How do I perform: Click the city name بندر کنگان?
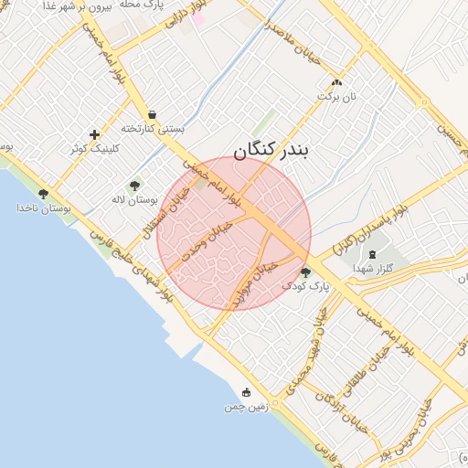[271, 152]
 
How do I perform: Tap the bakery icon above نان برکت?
[337, 81]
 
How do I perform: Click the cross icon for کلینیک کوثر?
[94, 134]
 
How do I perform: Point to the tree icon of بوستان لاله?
[135, 186]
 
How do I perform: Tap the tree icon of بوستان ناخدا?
[43, 194]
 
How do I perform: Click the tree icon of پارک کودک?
[305, 272]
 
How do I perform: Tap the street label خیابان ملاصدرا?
[294, 41]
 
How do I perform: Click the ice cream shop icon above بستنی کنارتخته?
[152, 115]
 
